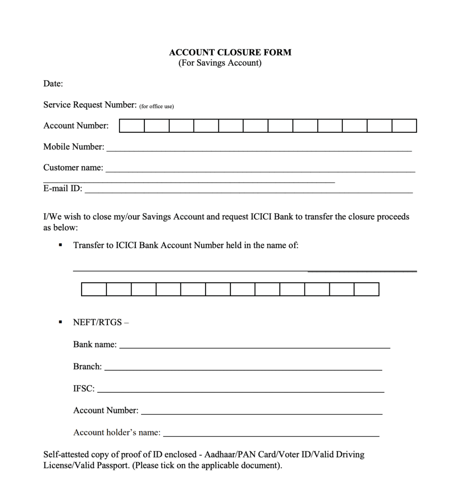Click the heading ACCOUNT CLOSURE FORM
[x=230, y=52]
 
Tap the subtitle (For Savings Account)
[x=220, y=63]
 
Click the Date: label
[x=53, y=84]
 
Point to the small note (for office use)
[x=156, y=106]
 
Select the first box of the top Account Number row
[x=132, y=126]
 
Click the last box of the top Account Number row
[x=404, y=126]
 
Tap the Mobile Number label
[x=74, y=147]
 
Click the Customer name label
[x=73, y=168]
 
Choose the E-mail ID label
[x=63, y=189]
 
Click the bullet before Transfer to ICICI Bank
[x=60, y=245]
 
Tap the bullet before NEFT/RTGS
[x=60, y=322]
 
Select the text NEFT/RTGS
[x=97, y=322]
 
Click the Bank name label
[x=95, y=345]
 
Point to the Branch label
[x=87, y=367]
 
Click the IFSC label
[x=84, y=389]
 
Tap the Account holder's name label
[x=117, y=433]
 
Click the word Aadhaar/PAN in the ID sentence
[x=222, y=455]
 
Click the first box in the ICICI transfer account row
[x=94, y=289]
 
